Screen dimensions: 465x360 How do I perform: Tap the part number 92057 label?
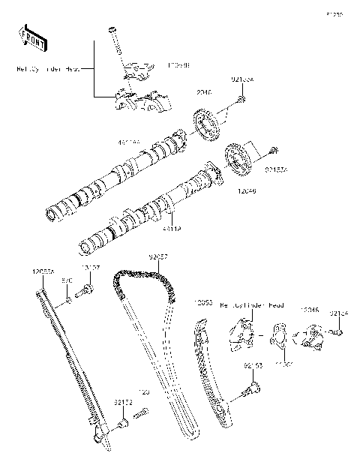click(157, 256)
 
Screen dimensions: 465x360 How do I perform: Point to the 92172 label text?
click(124, 403)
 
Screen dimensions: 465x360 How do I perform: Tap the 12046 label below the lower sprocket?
click(247, 192)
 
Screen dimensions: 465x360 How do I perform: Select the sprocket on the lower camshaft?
click(238, 158)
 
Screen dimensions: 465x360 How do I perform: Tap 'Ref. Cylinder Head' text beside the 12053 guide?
click(251, 306)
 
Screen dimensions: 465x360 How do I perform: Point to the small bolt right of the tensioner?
click(339, 331)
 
